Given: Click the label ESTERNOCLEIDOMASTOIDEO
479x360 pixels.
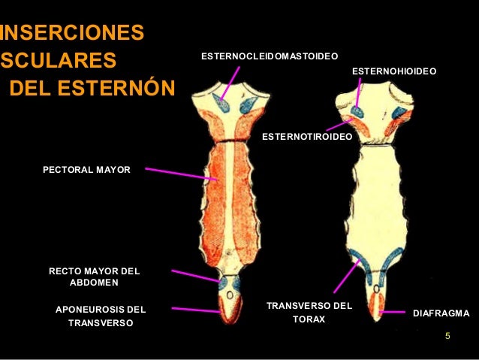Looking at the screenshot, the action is [x=270, y=56].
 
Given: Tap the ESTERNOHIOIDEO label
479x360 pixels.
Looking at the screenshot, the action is [x=394, y=71].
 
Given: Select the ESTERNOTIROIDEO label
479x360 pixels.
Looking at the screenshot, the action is [x=307, y=137].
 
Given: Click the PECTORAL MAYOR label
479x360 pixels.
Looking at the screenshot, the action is [x=86, y=170].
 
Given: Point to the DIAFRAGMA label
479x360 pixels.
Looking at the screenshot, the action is [x=441, y=313].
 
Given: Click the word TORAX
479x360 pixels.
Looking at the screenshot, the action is [x=309, y=319].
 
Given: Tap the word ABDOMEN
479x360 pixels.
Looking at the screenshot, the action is [x=94, y=283].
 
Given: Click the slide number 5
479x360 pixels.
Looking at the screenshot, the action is [x=447, y=336].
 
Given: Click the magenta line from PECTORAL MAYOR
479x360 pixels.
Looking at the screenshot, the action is [x=181, y=174].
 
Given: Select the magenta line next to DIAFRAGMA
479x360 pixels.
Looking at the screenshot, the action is [x=392, y=313].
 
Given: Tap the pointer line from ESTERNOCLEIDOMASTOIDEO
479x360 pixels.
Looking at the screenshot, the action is [x=230, y=83].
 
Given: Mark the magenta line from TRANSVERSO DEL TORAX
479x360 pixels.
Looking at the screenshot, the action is [x=347, y=276].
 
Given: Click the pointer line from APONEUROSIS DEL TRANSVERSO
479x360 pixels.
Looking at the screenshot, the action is [x=196, y=310].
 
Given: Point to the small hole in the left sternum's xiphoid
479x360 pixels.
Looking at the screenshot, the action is [x=230, y=295].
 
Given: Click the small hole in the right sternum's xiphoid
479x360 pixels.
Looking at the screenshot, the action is [x=377, y=289].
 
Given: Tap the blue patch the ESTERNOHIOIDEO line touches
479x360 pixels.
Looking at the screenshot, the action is [x=357, y=112].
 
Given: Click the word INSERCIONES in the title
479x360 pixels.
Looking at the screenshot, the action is [x=72, y=32].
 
